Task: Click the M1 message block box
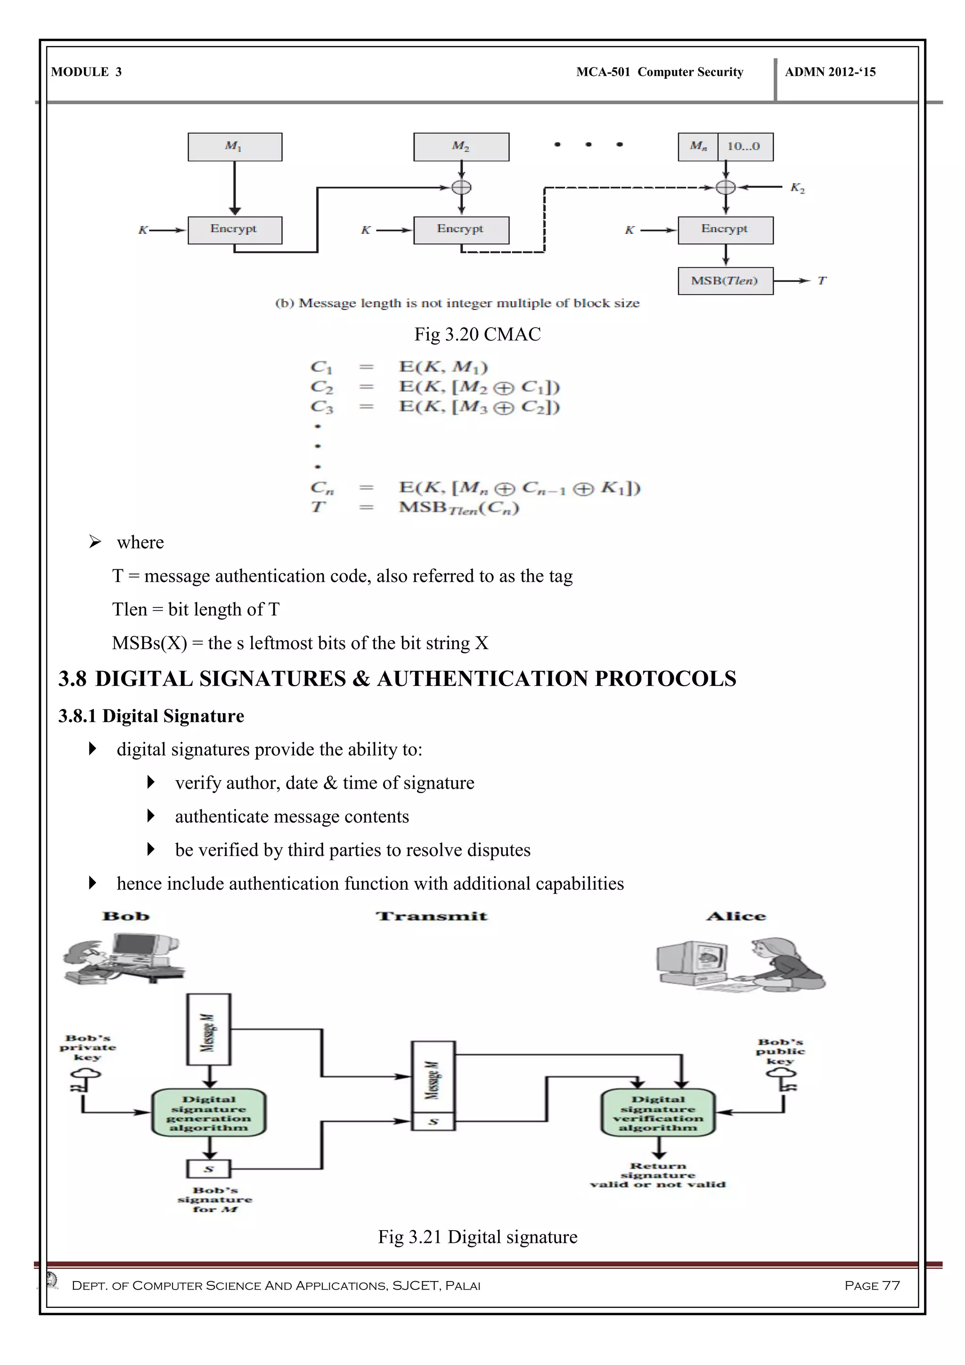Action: tap(235, 147)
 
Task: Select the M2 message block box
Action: tap(461, 147)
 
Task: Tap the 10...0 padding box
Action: tap(744, 147)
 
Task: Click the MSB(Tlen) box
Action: tap(725, 280)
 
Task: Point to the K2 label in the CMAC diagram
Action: tap(797, 188)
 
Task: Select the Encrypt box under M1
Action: tap(235, 230)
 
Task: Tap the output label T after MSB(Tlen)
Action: tap(822, 280)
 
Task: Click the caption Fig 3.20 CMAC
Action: tap(477, 334)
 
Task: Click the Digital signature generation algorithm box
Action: tap(209, 1113)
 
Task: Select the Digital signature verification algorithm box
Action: tap(658, 1113)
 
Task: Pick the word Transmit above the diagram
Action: tap(432, 916)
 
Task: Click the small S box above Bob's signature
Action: tap(209, 1169)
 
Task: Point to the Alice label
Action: tap(736, 916)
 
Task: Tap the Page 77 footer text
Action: tap(872, 1285)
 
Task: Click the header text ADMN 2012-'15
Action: tap(830, 72)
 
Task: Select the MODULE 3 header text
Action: tap(86, 72)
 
